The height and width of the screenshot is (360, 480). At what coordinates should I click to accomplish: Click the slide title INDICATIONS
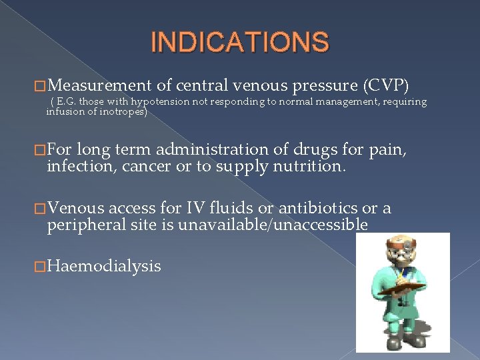point(240,42)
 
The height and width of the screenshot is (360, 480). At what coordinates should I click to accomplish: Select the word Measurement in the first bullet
point(101,85)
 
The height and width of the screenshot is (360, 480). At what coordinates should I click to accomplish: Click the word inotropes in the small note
point(123,112)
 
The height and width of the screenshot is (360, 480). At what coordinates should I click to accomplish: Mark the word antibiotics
point(319,209)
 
